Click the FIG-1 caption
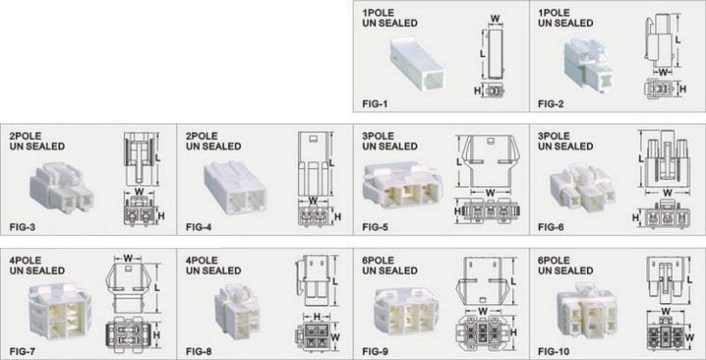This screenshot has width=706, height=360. coord(375,104)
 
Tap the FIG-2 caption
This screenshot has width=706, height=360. coord(551,104)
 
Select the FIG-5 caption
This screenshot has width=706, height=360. coord(375,227)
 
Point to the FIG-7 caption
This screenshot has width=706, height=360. coord(22,351)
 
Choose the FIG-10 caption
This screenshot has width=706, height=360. coord(554,351)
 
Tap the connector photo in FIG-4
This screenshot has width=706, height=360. coord(235,188)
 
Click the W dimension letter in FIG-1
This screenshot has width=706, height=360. coord(495,19)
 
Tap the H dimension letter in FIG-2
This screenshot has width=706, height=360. coord(682,89)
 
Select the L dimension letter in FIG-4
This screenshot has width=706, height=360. coord(331,162)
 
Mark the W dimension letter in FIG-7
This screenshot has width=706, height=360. coord(128,258)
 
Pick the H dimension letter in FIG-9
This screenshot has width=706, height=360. coord(513,331)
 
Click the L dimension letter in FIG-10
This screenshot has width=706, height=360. coord(690,280)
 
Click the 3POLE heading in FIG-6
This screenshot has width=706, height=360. coord(553,136)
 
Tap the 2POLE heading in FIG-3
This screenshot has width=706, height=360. coord(26,136)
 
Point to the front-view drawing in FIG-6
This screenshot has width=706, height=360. coord(665,214)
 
